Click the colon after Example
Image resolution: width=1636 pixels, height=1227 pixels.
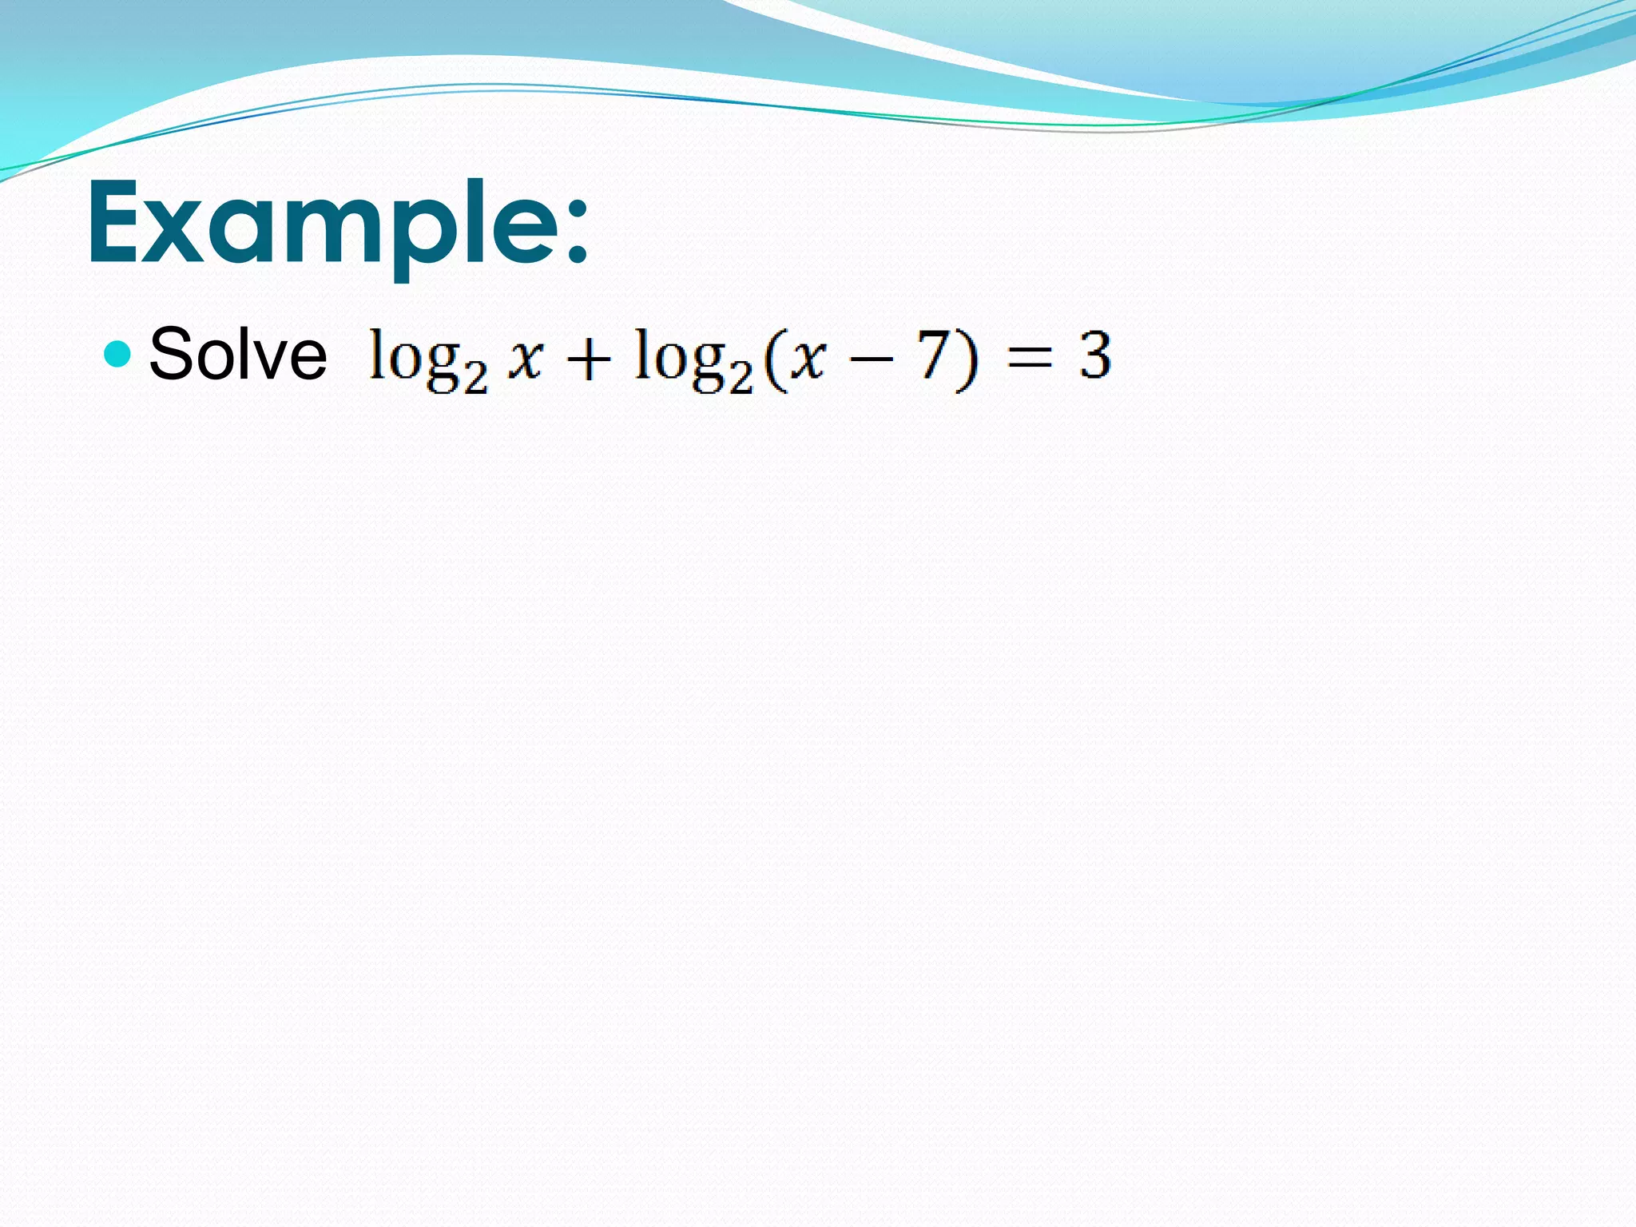(x=577, y=232)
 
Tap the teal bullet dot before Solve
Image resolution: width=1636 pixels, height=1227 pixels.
(x=118, y=353)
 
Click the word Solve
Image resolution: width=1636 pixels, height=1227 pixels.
(x=238, y=354)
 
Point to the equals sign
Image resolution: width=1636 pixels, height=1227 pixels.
(x=1030, y=359)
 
